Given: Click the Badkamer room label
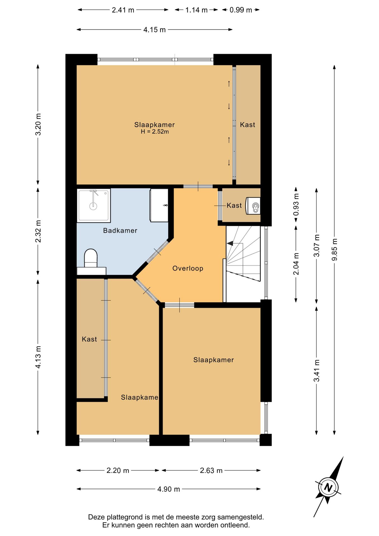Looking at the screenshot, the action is (120, 231).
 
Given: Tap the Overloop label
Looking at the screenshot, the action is (188, 269).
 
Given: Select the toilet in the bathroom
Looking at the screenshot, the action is (91, 258).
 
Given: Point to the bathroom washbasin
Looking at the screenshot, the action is (159, 205).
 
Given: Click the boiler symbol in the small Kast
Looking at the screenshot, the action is (253, 206).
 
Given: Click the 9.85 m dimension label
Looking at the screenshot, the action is (334, 250).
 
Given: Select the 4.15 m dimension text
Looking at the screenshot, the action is (155, 30).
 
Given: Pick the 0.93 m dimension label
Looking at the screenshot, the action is (296, 205).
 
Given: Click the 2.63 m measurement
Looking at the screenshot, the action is (211, 470).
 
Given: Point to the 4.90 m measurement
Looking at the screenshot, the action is (169, 489).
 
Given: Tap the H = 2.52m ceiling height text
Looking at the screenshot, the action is (155, 132).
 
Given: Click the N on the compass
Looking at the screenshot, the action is (328, 487).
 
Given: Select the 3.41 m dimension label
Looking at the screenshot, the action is (316, 371).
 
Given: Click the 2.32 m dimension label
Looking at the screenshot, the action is (38, 231).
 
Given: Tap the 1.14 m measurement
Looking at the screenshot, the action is (196, 10).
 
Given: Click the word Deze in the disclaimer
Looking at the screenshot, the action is (97, 517).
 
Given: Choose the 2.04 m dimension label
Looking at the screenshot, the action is (296, 264).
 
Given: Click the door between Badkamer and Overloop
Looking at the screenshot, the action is (157, 252).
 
